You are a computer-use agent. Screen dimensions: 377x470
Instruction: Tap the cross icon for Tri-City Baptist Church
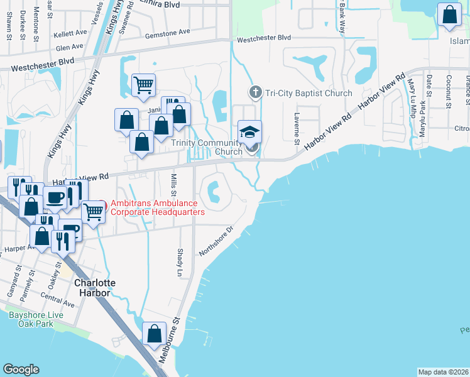[255, 93]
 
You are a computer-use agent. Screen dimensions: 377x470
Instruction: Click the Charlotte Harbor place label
[95, 288]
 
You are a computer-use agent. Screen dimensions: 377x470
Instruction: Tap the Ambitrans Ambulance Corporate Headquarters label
[158, 208]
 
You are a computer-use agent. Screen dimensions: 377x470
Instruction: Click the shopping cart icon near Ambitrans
[94, 212]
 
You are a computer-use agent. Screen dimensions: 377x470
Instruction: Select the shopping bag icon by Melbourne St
[154, 334]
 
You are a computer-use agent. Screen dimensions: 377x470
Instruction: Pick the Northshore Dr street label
[216, 241]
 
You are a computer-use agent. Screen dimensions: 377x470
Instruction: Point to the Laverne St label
[297, 128]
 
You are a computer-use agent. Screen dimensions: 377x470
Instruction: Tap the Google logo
[20, 369]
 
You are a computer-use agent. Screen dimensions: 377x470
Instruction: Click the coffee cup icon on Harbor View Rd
[55, 197]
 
